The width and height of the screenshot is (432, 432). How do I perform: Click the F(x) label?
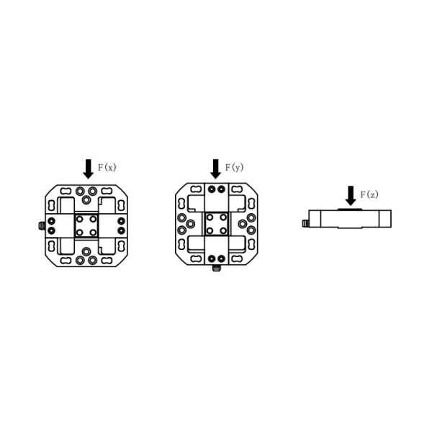[x=107, y=167]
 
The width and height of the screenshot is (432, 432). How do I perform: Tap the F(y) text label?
[x=235, y=167]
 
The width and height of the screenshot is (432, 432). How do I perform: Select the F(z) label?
[x=369, y=194]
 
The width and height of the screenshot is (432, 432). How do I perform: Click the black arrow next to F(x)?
[x=88, y=169]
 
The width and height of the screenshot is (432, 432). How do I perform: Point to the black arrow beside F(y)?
[x=215, y=169]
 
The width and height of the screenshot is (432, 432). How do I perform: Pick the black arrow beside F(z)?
[x=351, y=196]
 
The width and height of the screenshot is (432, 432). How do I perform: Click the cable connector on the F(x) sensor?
[x=42, y=226]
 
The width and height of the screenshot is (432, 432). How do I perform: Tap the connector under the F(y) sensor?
[x=216, y=268]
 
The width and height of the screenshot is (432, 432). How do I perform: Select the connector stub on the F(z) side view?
[x=305, y=223]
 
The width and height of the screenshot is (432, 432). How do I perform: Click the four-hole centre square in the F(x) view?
[x=86, y=226]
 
